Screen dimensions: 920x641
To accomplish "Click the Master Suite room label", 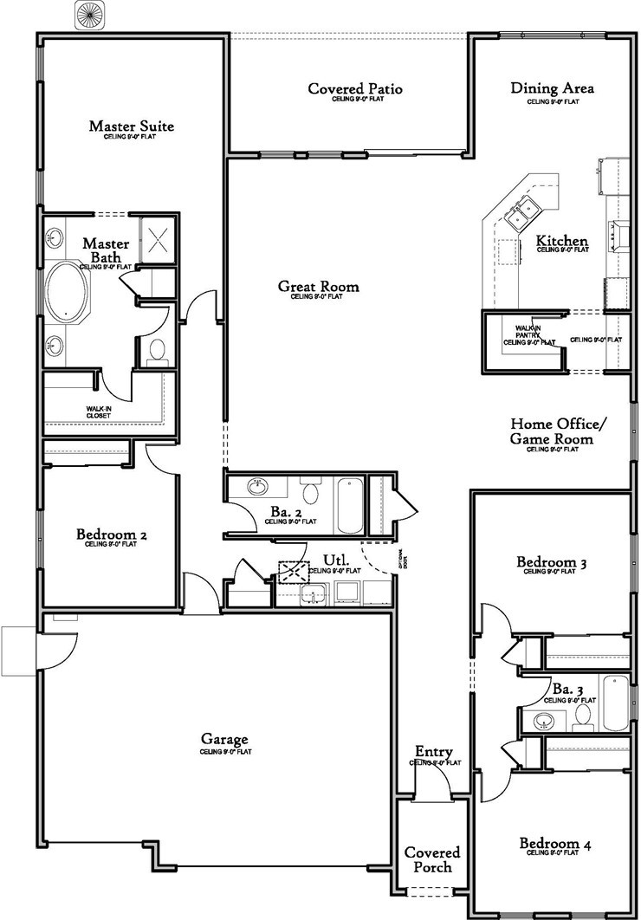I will [x=131, y=126].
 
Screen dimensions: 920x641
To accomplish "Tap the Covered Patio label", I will [x=355, y=89].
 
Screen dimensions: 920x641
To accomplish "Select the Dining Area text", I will [x=552, y=88].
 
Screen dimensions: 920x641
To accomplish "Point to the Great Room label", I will [x=318, y=286].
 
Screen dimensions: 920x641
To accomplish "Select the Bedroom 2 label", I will [x=111, y=535].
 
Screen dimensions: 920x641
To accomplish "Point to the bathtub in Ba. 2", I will [x=350, y=505].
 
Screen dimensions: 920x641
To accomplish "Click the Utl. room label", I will [x=335, y=560].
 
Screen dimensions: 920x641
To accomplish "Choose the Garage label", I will [x=225, y=739].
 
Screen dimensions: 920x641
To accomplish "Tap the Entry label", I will [x=434, y=752].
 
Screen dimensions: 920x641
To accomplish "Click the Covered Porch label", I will [x=432, y=859].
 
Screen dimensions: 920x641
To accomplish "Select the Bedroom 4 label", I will [x=555, y=843].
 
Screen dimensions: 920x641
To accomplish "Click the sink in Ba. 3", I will [x=545, y=721].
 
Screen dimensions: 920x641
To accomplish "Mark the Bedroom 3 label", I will [x=552, y=563].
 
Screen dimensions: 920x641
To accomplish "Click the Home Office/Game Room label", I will [x=558, y=431].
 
